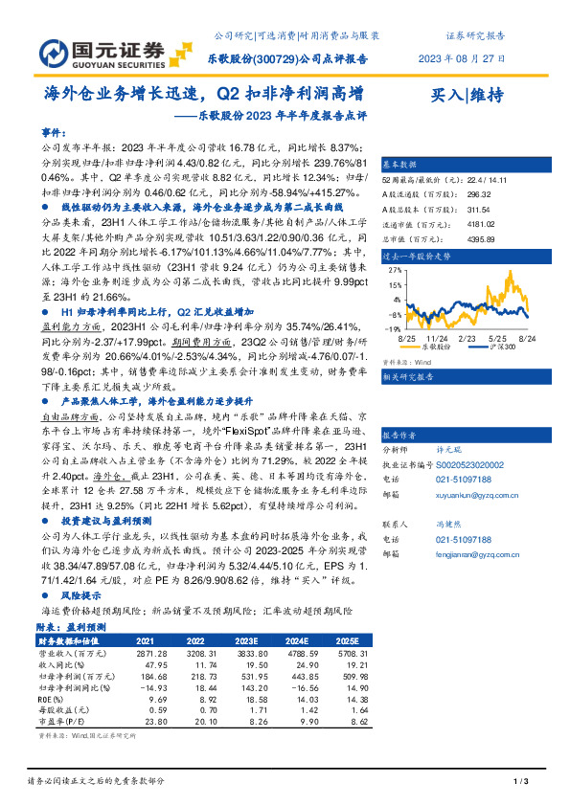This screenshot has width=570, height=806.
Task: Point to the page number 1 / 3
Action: [x=522, y=782]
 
